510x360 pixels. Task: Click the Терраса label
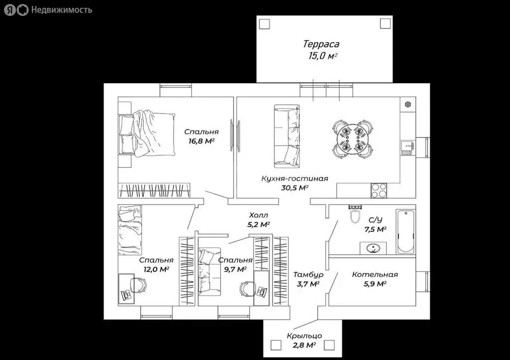pos(321,44)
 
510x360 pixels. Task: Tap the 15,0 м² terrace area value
pos(323,56)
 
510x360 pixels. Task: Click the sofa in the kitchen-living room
pos(286,136)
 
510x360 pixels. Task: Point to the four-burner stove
pos(379,190)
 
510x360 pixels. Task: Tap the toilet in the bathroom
pos(355,214)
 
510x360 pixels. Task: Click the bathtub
pos(405,231)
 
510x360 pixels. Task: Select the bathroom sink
pos(373,248)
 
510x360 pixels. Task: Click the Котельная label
pos(375,274)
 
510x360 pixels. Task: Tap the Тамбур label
pos(308,275)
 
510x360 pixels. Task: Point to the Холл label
pos(258,215)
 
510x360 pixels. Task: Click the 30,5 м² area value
pos(295,188)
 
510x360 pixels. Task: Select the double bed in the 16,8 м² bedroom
pos(147,133)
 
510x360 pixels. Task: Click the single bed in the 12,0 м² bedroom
pos(130,230)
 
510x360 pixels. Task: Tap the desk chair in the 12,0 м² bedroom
pos(138,285)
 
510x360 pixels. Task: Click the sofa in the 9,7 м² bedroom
pos(208,271)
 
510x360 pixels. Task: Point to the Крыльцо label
pos(304,336)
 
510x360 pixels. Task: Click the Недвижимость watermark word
pos(61,10)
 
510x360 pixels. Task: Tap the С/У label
pos(376,220)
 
